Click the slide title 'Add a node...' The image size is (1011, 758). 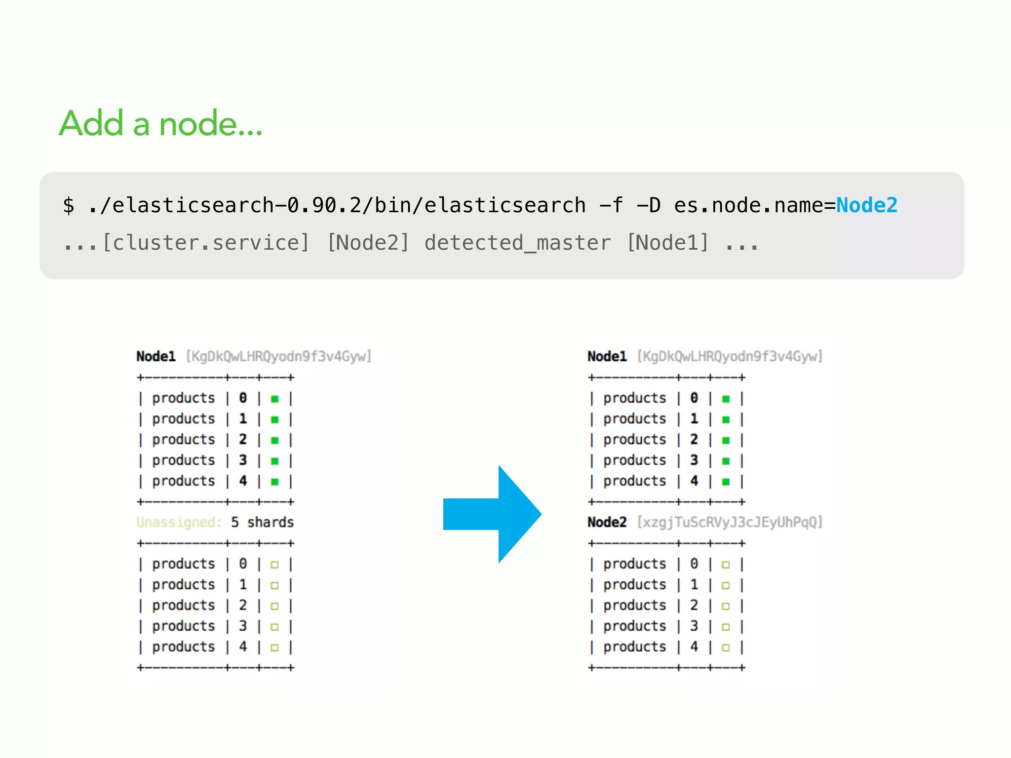pos(160,123)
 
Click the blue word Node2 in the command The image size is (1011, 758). pos(866,205)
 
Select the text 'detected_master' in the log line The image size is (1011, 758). pos(517,243)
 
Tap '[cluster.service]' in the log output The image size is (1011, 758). pos(206,243)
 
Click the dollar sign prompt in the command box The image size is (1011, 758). pos(69,205)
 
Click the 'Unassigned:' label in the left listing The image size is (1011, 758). pos(179,522)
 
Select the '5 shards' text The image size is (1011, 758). pos(262,522)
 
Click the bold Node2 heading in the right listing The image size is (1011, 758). pos(607,522)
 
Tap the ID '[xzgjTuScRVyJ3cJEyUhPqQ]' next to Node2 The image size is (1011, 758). pos(730,522)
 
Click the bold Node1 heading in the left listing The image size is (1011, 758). pos(156,356)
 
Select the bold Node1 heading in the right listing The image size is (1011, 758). pos(607,356)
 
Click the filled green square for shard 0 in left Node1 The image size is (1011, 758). pos(275,399)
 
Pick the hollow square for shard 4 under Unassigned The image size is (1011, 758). pos(275,647)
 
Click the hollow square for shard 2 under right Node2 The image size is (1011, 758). pos(726,606)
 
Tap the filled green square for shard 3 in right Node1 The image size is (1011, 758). pos(726,461)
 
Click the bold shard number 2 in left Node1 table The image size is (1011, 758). pos(243,439)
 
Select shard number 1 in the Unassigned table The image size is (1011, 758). pos(243,584)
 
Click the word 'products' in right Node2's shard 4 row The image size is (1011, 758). pos(634,646)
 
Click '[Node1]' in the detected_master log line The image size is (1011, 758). pos(667,243)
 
